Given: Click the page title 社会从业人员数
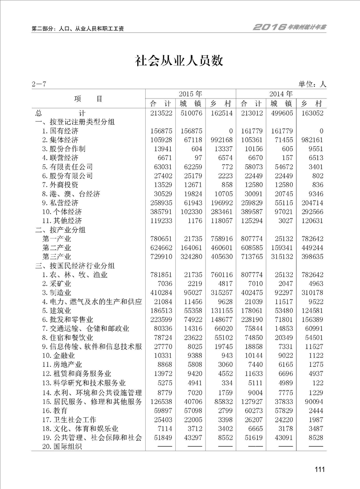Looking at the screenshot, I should tap(180, 61).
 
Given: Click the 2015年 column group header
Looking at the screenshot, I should tap(190, 94).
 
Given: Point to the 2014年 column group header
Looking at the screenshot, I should tap(281, 94).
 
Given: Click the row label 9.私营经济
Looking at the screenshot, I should tap(60, 203).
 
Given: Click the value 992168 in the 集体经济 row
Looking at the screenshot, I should tap(220, 139).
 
